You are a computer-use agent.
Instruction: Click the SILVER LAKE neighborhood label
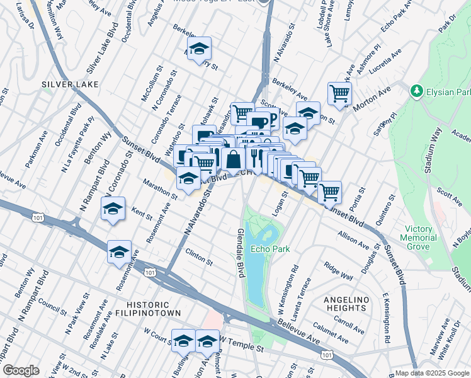point(66,84)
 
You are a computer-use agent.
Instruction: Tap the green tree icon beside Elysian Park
point(416,92)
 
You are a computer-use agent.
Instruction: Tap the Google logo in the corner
point(21,370)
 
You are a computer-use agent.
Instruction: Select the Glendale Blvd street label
point(240,253)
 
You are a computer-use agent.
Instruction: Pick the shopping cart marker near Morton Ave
point(339,93)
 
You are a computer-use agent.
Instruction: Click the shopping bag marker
point(233,159)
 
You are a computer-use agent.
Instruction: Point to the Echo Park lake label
point(270,249)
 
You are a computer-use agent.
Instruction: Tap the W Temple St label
point(242,347)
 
